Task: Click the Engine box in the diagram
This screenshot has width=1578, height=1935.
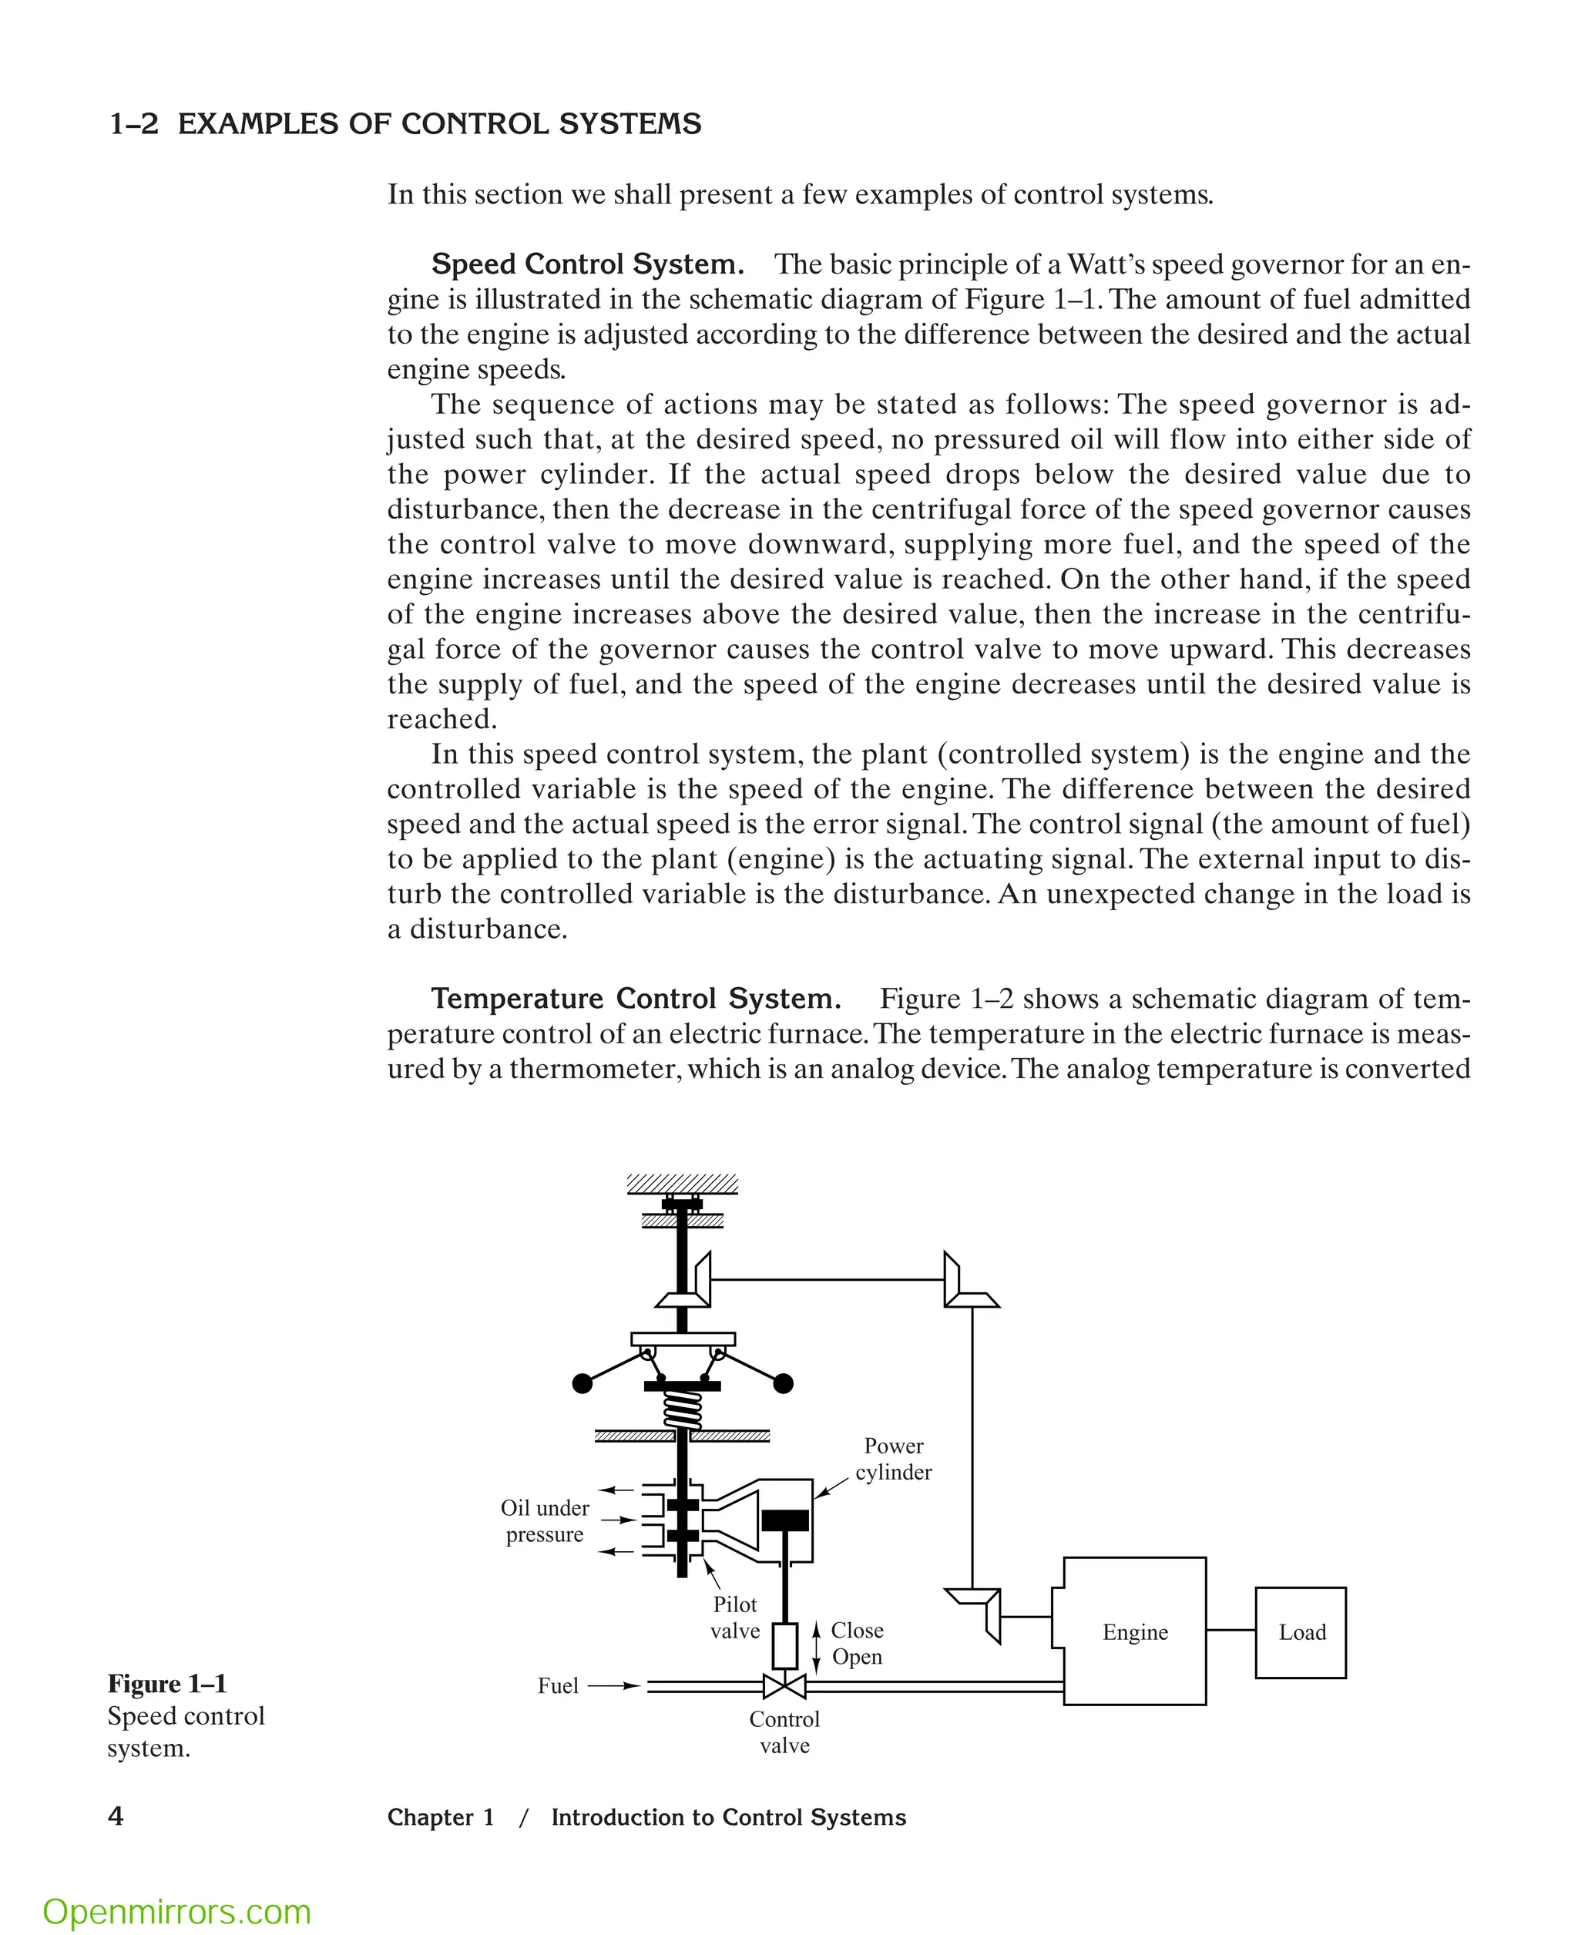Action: coord(1134,1631)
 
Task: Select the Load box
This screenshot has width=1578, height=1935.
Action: coord(1301,1632)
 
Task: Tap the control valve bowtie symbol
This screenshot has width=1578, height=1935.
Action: coord(784,1687)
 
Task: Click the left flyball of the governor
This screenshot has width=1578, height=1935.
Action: coord(583,1384)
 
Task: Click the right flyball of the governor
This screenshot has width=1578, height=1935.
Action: coord(783,1384)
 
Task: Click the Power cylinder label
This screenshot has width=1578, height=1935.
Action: coord(894,1459)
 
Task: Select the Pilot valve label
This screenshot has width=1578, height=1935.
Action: coord(734,1618)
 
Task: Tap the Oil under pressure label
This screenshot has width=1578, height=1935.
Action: coord(545,1521)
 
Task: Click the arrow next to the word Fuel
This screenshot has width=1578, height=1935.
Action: coord(614,1686)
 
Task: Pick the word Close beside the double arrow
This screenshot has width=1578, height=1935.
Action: coord(857,1631)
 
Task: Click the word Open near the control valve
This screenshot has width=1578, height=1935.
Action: coord(857,1657)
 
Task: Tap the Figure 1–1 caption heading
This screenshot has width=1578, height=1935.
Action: coord(167,1684)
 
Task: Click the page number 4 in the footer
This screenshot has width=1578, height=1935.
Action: coord(116,1816)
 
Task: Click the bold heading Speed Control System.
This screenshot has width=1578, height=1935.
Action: coord(587,264)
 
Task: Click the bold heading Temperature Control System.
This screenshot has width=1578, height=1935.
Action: coord(636,999)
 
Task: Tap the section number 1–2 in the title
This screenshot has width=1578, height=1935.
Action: coord(133,125)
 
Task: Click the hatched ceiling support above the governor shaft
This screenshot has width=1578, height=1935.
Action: coord(683,1184)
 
